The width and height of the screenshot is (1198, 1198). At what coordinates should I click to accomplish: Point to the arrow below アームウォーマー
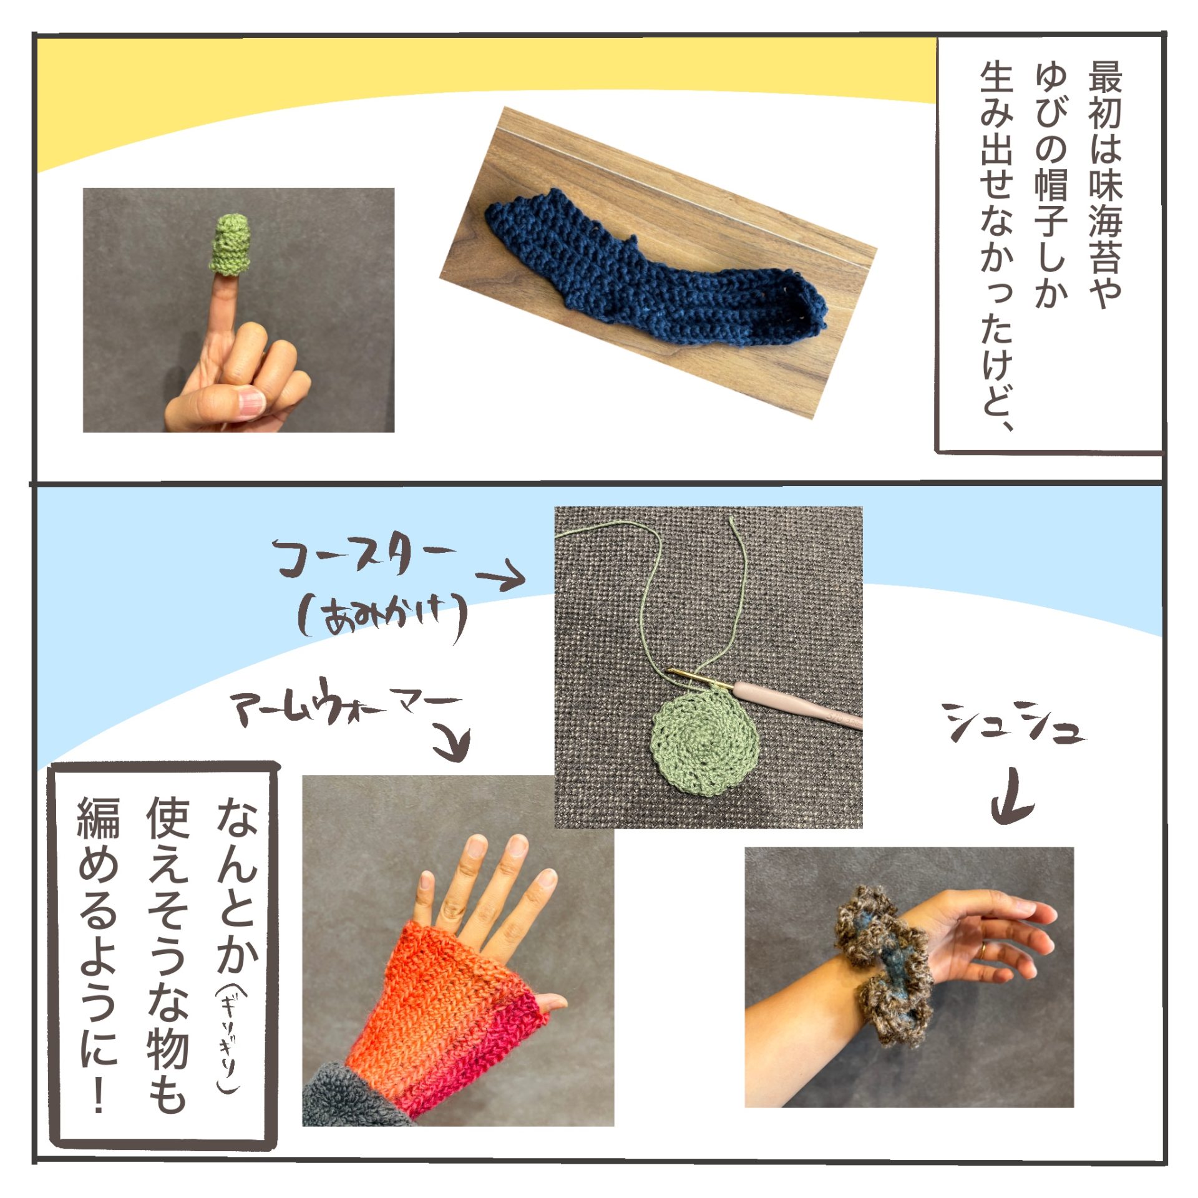(452, 743)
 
